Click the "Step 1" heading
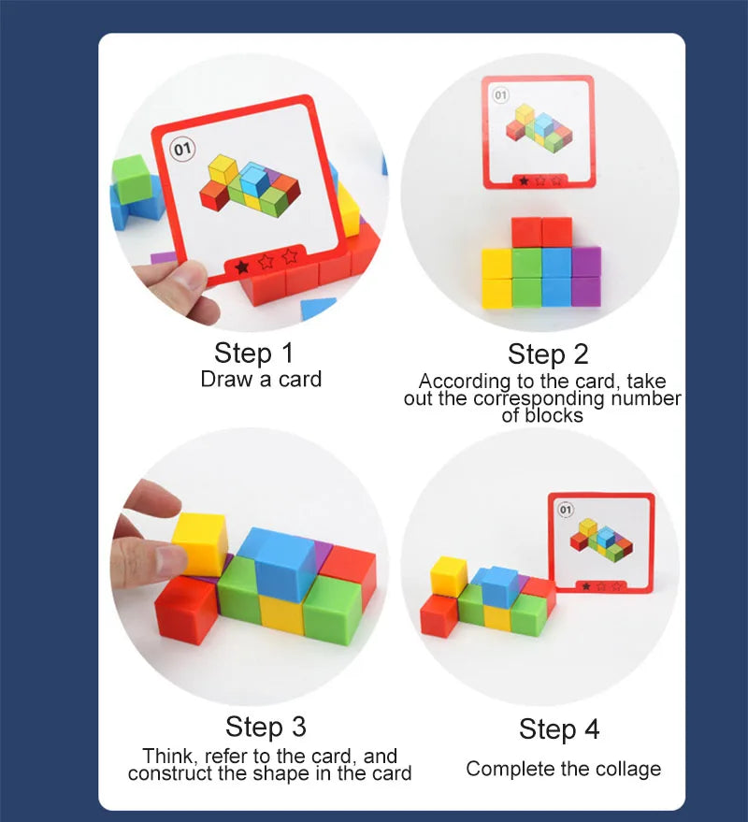click(253, 353)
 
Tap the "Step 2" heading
click(548, 354)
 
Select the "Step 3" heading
click(266, 728)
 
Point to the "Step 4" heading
click(559, 729)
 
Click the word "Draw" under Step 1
click(227, 379)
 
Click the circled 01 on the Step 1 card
click(182, 150)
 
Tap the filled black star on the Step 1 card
click(241, 267)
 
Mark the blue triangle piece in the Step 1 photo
click(317, 308)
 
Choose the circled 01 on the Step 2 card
click(500, 94)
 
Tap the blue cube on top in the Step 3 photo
click(283, 563)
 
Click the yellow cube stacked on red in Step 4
click(448, 576)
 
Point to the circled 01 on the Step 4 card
click(566, 510)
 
